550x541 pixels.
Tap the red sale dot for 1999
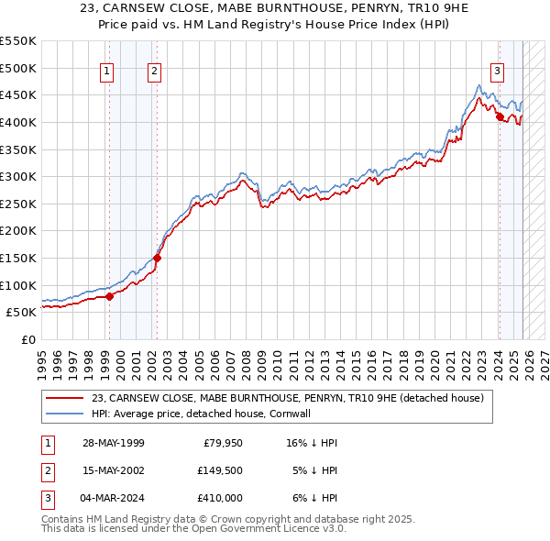tap(109, 295)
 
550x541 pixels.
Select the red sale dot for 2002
tap(157, 258)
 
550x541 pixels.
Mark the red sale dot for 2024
tap(499, 116)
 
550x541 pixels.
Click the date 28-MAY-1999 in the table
tap(113, 442)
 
